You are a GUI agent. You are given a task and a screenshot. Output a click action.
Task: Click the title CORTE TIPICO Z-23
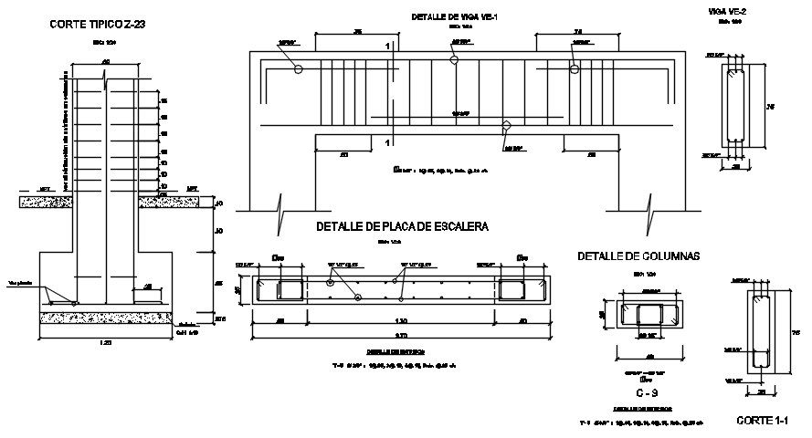(97, 25)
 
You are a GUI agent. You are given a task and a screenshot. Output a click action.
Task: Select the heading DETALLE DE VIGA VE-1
(454, 16)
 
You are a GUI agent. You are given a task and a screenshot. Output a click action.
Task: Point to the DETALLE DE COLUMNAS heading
(638, 257)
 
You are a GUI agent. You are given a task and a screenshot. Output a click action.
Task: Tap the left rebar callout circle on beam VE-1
(299, 69)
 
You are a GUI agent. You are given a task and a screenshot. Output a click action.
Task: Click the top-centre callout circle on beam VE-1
(454, 59)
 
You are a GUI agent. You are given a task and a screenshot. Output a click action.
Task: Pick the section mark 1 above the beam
(388, 46)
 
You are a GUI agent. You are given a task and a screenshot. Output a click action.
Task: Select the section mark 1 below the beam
(388, 143)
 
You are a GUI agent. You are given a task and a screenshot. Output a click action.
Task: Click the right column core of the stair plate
(511, 288)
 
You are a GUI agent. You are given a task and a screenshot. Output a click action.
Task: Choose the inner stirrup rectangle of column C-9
(649, 316)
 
